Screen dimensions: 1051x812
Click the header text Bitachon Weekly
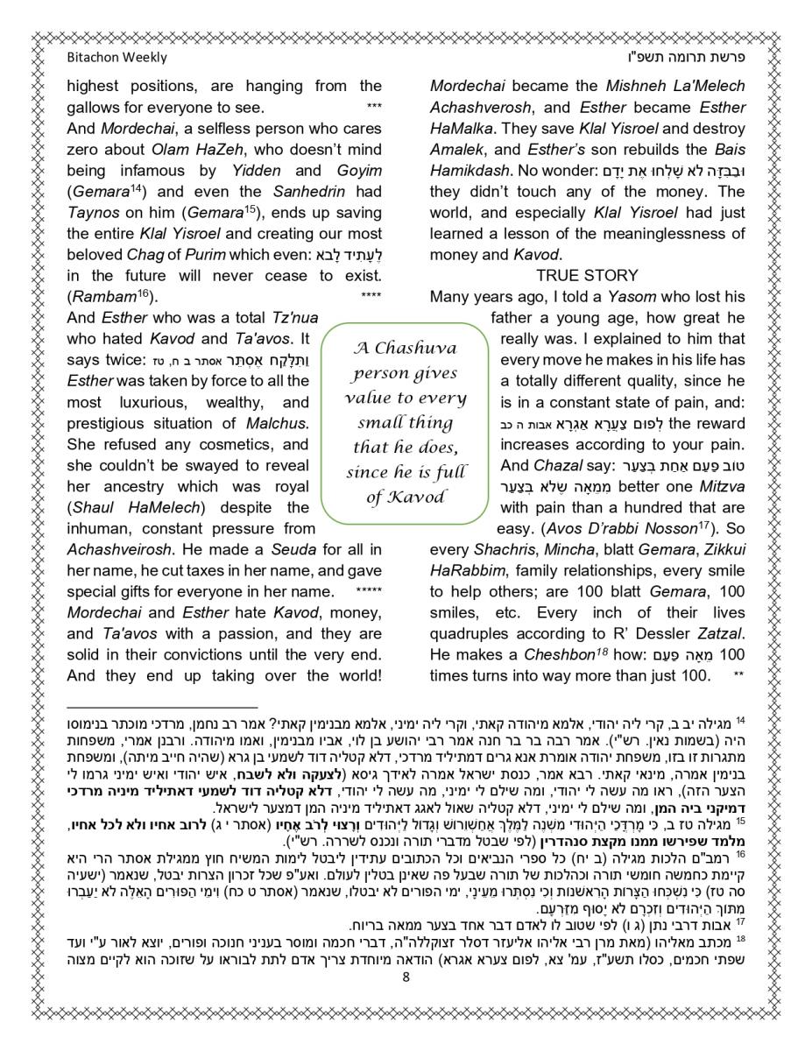pos(117,58)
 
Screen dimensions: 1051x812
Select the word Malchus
pos(280,423)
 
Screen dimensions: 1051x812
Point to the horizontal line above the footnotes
pos(162,706)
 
